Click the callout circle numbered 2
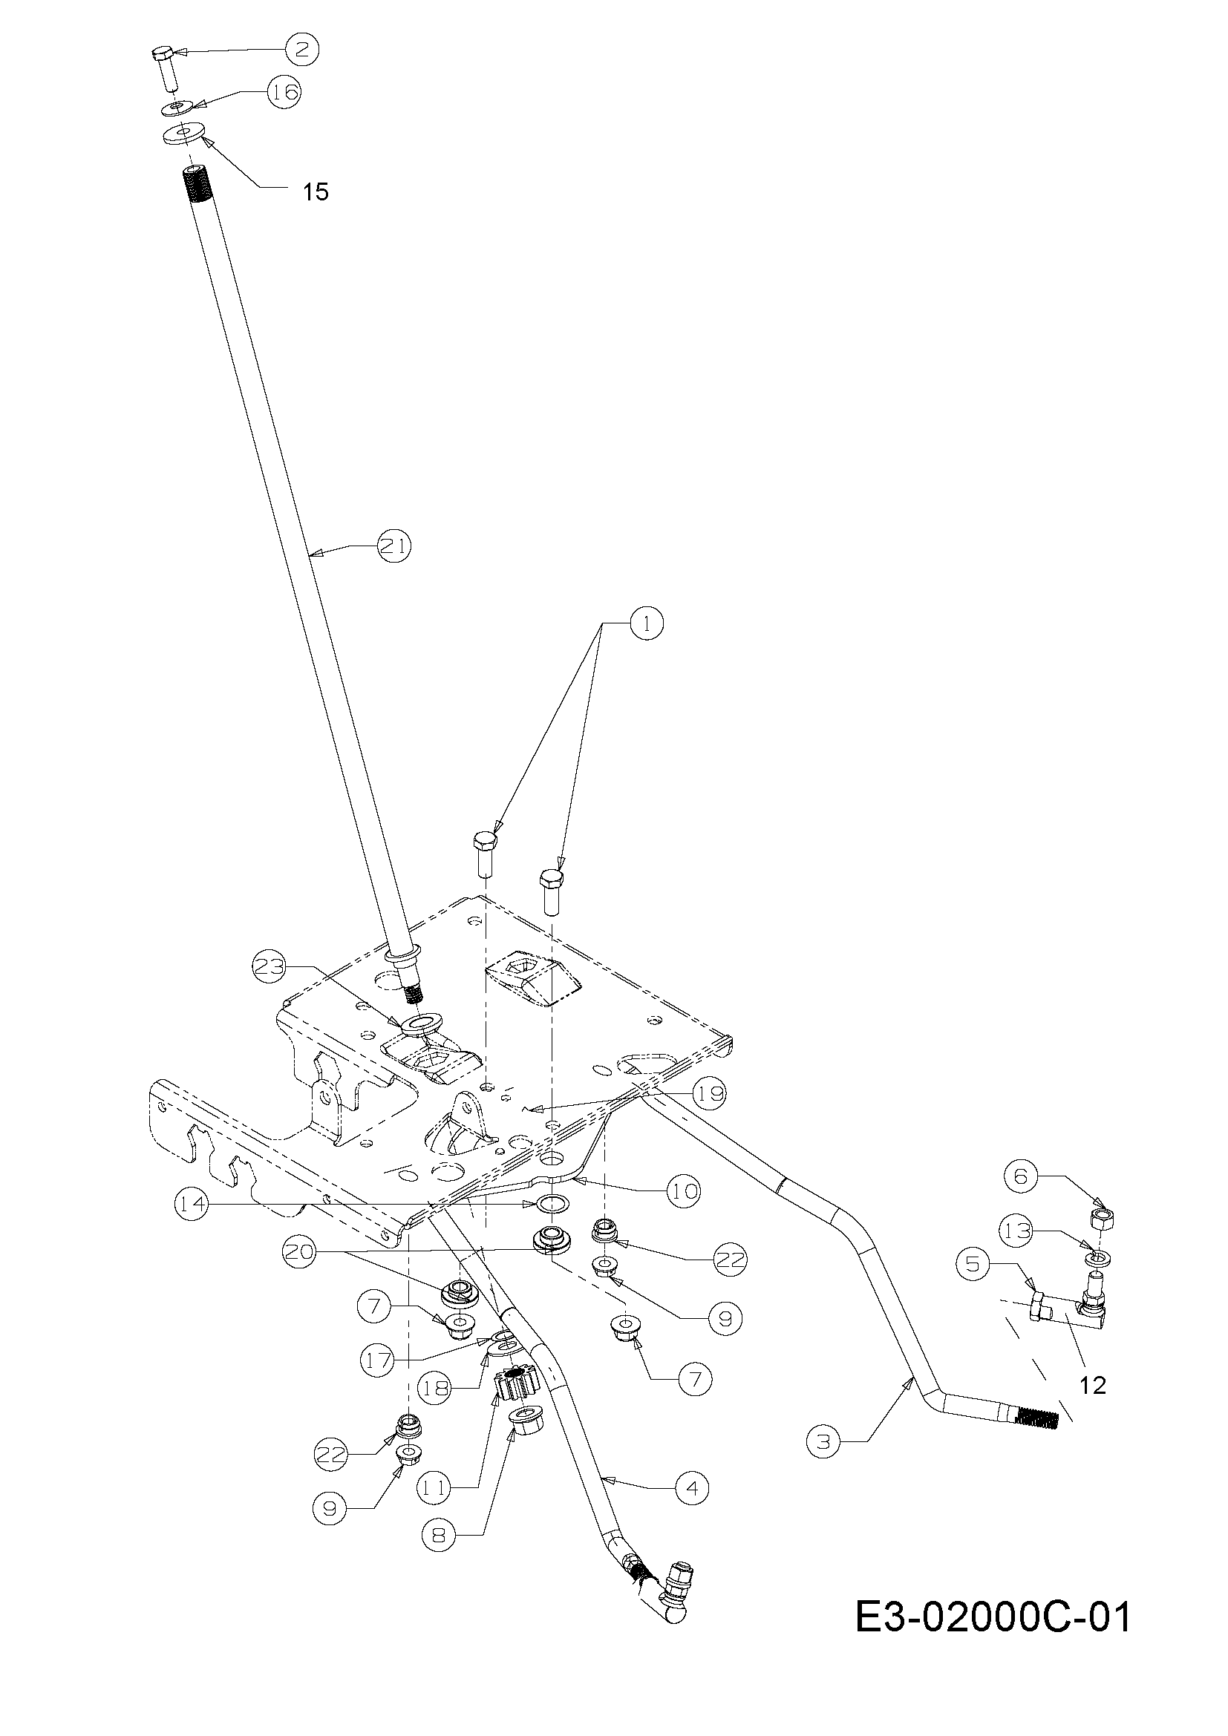pyautogui.click(x=301, y=50)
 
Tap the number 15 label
pyautogui.click(x=316, y=192)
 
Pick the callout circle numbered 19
pyautogui.click(x=708, y=1093)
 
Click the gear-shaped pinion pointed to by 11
pyautogui.click(x=515, y=1383)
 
